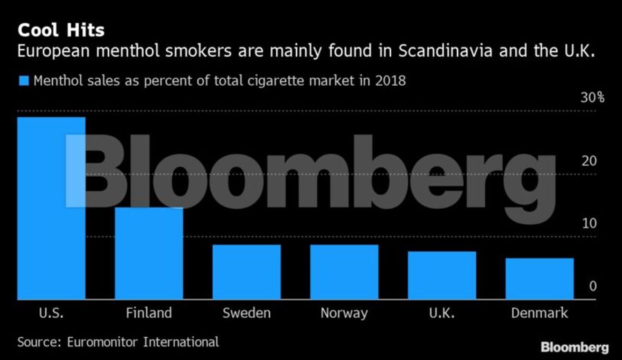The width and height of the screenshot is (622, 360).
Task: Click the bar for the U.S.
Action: click(51, 207)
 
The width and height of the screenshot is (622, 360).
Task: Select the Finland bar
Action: click(149, 253)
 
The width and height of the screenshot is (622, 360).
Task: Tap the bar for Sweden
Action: click(246, 272)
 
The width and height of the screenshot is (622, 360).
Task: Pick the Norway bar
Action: click(344, 272)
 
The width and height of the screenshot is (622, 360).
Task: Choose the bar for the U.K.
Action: click(442, 275)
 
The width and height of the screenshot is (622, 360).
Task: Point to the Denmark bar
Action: click(539, 278)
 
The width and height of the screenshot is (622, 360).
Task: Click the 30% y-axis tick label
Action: click(592, 97)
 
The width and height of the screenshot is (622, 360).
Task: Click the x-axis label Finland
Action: click(149, 313)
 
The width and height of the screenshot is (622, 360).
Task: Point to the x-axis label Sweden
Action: click(246, 313)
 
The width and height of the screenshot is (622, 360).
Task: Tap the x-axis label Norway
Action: click(344, 313)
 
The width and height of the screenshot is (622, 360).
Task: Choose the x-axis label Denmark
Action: click(539, 313)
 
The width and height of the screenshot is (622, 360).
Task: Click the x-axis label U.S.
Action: click(51, 313)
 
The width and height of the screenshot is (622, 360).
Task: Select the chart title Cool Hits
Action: click(61, 30)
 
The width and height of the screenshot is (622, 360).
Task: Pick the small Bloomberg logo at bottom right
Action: click(574, 346)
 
